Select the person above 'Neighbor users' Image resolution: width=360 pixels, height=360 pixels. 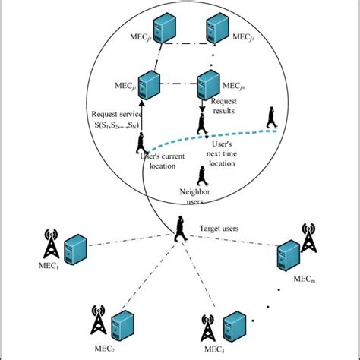click(202, 174)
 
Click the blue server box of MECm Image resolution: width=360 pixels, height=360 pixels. click(286, 255)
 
